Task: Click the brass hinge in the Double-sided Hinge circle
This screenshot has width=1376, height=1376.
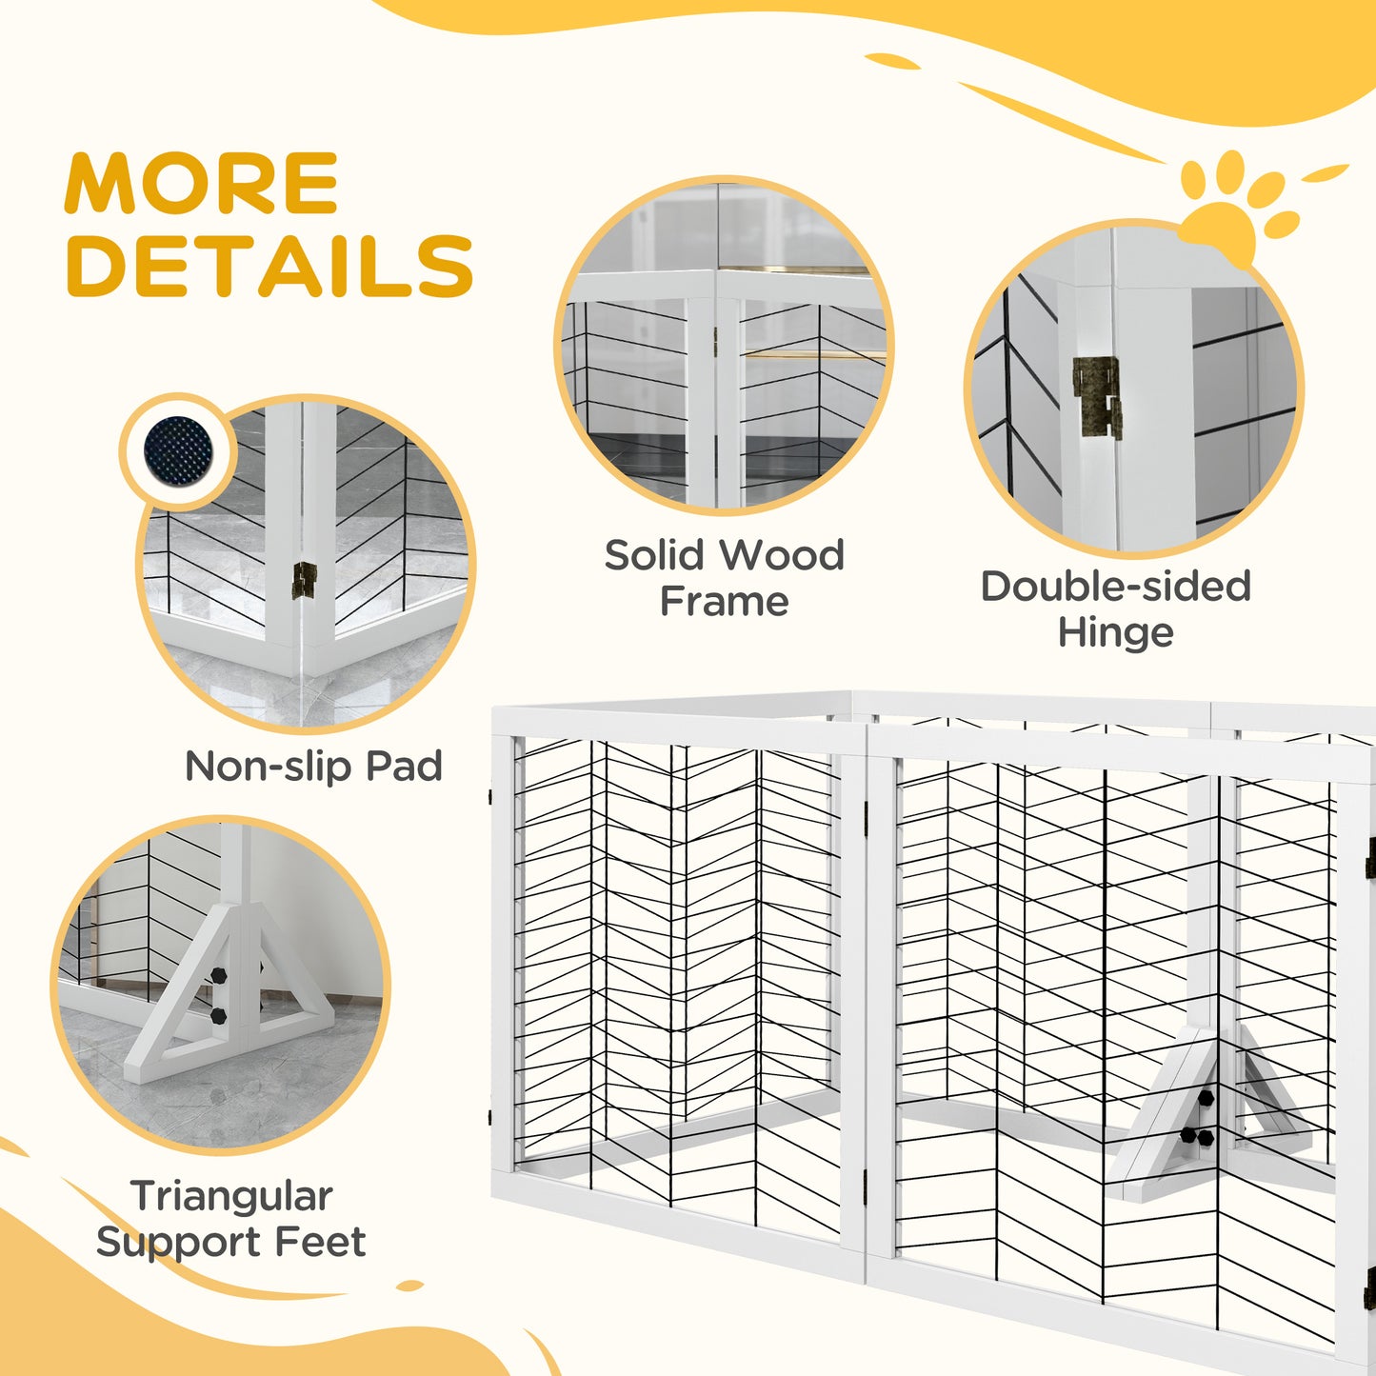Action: coord(1098,397)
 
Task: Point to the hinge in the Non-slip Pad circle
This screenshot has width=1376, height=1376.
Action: coord(304,580)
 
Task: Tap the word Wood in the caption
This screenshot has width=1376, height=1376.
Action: coord(783,555)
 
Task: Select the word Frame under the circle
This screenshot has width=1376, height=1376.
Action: coord(724,602)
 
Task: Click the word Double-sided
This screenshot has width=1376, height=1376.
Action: coord(1115,587)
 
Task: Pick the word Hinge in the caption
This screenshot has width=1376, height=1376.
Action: coord(1115,632)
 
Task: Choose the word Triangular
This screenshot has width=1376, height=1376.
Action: coord(231,1197)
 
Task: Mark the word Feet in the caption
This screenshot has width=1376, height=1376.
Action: coord(320,1242)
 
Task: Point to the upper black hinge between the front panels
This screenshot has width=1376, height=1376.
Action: coord(866,811)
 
